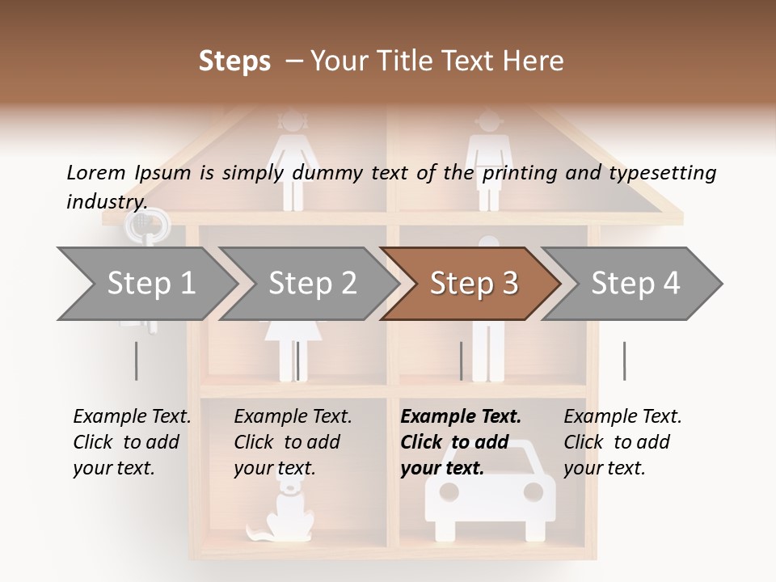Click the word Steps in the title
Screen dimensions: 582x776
click(234, 61)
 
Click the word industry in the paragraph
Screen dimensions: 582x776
click(106, 201)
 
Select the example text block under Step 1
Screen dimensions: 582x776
click(132, 442)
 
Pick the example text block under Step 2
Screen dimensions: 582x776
click(293, 442)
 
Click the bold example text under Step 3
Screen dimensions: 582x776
click(461, 442)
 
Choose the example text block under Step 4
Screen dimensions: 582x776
click(622, 442)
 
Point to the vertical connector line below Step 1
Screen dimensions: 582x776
click(137, 361)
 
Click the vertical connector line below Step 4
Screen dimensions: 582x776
click(624, 361)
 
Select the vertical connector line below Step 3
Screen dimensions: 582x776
click(461, 361)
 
